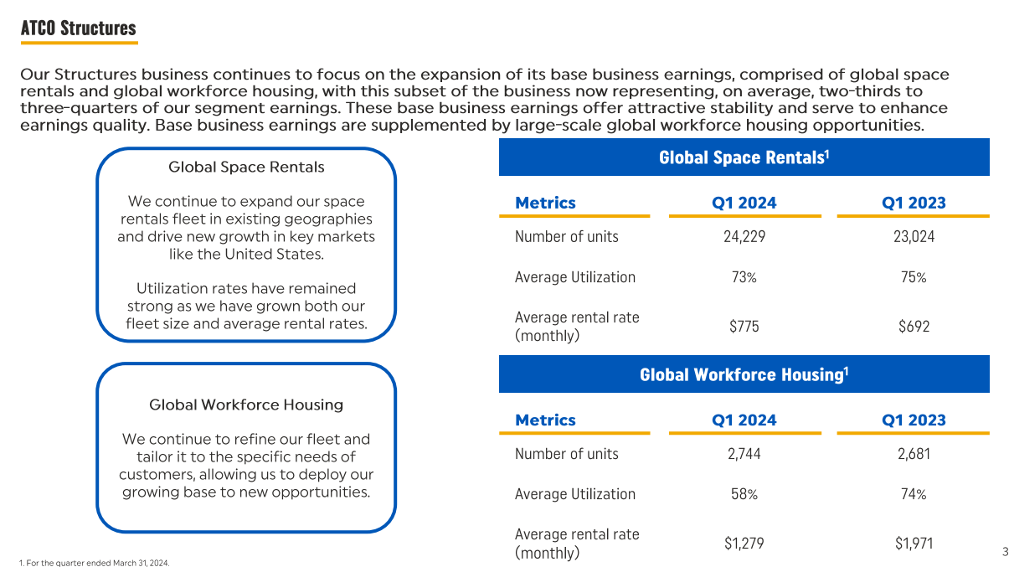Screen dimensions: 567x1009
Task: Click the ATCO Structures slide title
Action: [78, 28]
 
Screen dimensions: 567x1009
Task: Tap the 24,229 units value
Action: [744, 236]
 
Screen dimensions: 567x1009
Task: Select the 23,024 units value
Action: [914, 236]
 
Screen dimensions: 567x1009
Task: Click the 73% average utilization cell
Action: [744, 277]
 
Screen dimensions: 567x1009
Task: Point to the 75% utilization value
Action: [914, 277]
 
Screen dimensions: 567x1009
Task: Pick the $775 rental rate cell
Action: [744, 327]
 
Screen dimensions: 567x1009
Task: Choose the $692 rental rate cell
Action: [914, 327]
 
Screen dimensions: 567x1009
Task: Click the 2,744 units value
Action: [744, 454]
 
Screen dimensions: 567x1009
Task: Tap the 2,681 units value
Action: [914, 454]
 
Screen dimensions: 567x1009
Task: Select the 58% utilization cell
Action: [744, 494]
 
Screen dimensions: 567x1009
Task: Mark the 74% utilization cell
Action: [914, 494]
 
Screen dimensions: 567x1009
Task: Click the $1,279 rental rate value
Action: [744, 544]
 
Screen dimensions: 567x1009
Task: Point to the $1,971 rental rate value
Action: [914, 544]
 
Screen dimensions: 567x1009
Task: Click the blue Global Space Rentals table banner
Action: [744, 157]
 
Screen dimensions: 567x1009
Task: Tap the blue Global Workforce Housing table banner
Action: [744, 374]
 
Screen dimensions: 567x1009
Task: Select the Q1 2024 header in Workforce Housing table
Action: [744, 420]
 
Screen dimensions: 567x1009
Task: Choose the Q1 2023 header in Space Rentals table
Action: [914, 203]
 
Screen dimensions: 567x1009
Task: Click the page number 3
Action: [1005, 551]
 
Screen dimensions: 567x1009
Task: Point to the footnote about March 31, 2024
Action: [94, 563]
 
